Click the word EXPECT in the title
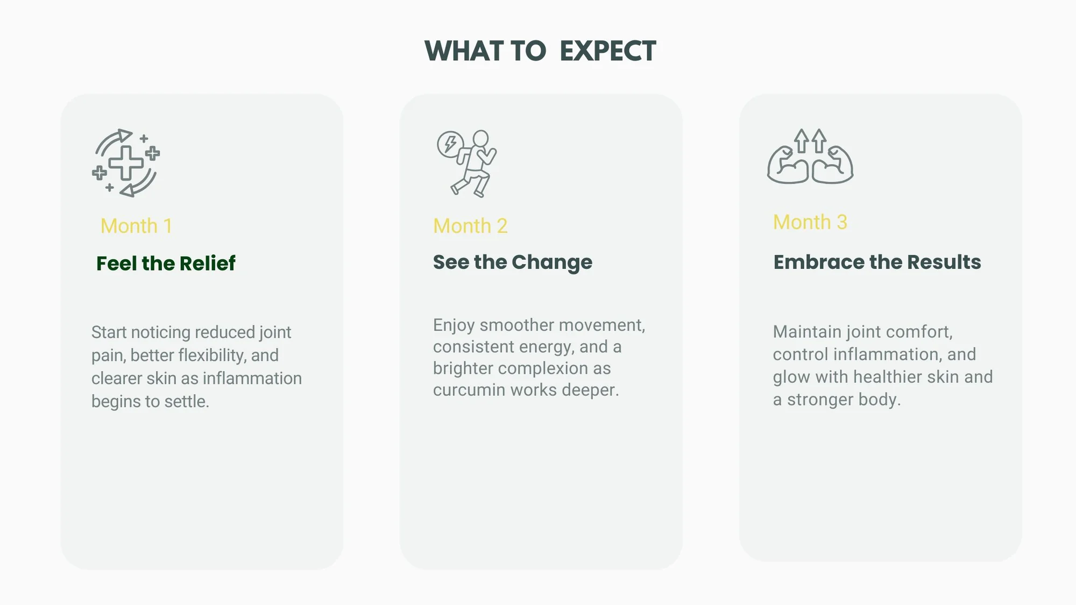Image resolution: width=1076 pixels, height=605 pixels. pyautogui.click(x=607, y=52)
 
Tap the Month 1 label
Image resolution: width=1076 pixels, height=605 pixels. pyautogui.click(x=137, y=226)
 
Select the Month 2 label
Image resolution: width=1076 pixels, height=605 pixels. pyautogui.click(x=470, y=226)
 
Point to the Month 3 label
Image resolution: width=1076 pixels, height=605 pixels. pyautogui.click(x=810, y=222)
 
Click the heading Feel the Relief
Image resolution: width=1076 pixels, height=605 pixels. pyautogui.click(x=166, y=264)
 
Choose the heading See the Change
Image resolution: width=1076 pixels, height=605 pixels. pyautogui.click(x=513, y=262)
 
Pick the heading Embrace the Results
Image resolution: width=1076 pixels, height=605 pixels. pyautogui.click(x=877, y=262)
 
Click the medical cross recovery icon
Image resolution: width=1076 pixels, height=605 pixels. pyautogui.click(x=126, y=163)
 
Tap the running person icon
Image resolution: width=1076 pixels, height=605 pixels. pyautogui.click(x=467, y=163)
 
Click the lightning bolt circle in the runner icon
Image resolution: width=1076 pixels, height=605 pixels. pyautogui.click(x=450, y=144)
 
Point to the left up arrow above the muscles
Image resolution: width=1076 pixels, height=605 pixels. pyautogui.click(x=802, y=141)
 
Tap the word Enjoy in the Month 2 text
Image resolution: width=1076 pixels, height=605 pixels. pyautogui.click(x=454, y=326)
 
